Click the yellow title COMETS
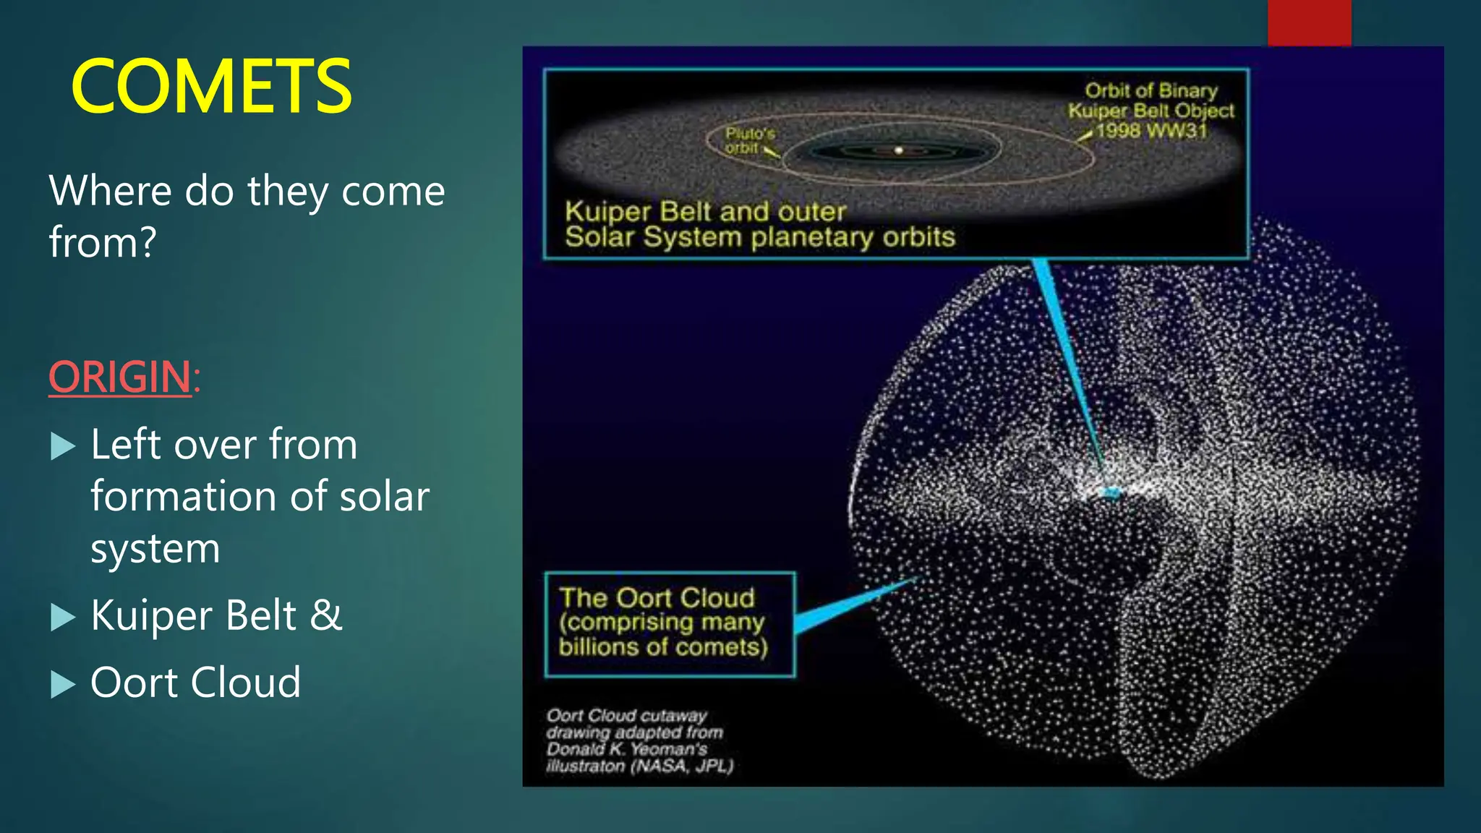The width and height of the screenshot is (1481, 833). [211, 87]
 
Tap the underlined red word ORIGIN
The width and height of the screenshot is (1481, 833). [120, 377]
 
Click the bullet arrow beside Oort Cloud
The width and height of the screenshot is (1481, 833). [64, 683]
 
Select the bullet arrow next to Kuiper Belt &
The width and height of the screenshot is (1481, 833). [64, 617]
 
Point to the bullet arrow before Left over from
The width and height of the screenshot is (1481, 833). [64, 446]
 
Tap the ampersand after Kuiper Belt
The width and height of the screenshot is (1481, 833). [325, 615]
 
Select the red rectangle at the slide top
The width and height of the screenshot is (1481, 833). [1309, 22]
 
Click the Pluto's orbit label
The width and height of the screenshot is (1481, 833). [749, 140]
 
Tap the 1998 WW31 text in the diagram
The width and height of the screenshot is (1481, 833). [1151, 131]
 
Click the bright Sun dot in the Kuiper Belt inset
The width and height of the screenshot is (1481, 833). [899, 150]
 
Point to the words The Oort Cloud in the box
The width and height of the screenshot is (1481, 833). [657, 598]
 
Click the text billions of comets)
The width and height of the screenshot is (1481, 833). [662, 646]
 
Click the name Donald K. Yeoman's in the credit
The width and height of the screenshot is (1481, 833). [626, 749]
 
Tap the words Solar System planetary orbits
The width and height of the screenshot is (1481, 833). [759, 237]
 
